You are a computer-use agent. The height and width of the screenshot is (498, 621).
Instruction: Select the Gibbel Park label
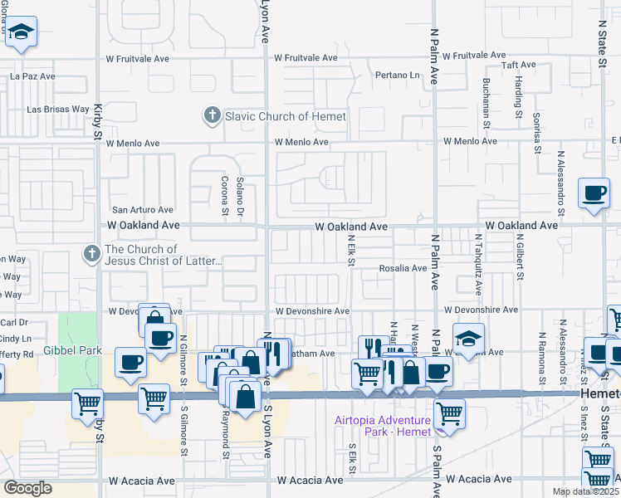[x=74, y=350]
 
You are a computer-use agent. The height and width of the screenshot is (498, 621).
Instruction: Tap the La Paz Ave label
[x=32, y=76]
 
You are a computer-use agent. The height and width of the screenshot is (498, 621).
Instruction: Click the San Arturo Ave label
[x=143, y=210]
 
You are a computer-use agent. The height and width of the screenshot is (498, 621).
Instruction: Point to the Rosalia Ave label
[x=403, y=268]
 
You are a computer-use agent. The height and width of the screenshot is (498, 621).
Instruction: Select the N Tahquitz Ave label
[x=478, y=264]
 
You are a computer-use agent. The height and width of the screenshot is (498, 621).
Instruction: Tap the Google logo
[x=28, y=488]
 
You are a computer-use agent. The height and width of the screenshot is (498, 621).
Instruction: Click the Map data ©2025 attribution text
[x=585, y=491]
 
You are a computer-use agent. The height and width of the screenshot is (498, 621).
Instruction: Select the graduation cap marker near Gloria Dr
[x=22, y=32]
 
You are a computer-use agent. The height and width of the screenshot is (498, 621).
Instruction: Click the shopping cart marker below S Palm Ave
[x=449, y=413]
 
